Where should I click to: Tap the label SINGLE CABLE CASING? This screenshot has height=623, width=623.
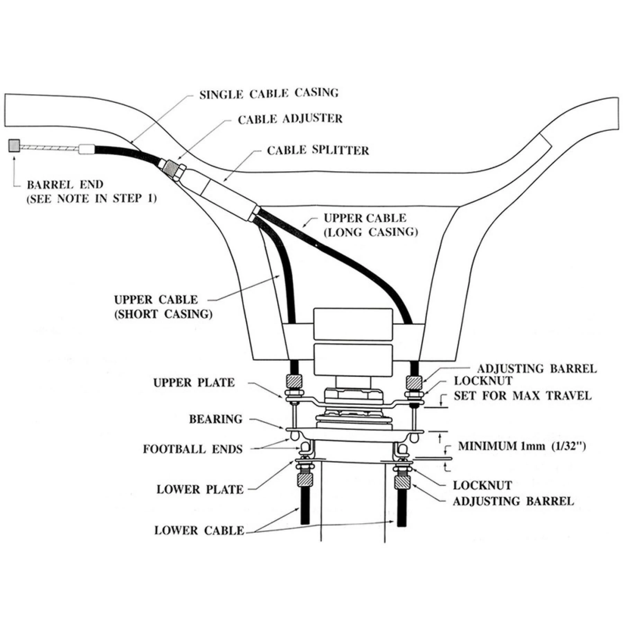(269, 93)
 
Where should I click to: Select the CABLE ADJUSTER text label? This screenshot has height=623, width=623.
(290, 119)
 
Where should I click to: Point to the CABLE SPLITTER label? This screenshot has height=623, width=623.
(318, 151)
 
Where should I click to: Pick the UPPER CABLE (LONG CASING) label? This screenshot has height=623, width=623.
(370, 225)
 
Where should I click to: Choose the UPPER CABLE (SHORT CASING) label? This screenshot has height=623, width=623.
(163, 307)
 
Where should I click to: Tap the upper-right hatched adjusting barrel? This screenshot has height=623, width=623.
(414, 382)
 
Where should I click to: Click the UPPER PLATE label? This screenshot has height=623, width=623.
(194, 383)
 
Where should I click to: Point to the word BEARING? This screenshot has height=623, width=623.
(215, 419)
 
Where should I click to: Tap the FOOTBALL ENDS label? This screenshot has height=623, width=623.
(193, 449)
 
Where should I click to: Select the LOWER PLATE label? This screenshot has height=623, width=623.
(200, 490)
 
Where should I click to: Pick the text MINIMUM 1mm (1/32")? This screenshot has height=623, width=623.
(522, 446)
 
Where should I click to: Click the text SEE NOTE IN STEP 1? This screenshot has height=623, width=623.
(92, 199)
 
